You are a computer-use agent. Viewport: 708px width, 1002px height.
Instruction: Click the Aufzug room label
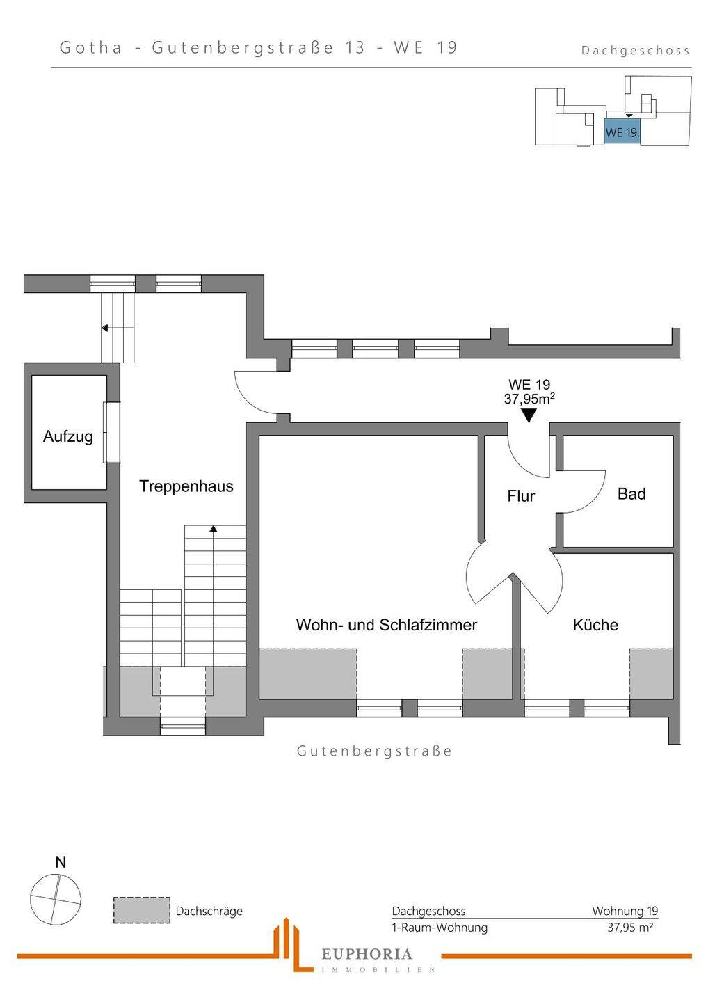(x=67, y=436)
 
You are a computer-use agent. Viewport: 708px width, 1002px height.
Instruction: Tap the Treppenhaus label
(x=186, y=486)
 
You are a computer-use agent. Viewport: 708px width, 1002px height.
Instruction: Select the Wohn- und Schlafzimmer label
(x=386, y=625)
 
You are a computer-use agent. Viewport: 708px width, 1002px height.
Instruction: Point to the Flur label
(x=521, y=496)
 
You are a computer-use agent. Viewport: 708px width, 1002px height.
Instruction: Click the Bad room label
(x=631, y=494)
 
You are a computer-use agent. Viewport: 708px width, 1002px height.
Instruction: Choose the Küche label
(x=595, y=625)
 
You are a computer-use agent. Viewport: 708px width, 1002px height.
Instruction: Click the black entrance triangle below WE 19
(x=529, y=415)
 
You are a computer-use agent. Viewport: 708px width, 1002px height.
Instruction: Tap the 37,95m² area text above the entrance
(x=529, y=399)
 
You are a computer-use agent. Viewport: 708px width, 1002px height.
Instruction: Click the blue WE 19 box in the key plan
(x=621, y=132)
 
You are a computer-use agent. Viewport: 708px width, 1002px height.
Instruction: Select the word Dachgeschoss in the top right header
(x=635, y=50)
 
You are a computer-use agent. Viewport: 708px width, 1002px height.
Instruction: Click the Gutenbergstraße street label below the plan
(x=374, y=751)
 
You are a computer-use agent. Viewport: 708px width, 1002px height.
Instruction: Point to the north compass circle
(x=56, y=899)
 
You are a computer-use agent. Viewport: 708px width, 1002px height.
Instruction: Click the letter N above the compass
(x=61, y=862)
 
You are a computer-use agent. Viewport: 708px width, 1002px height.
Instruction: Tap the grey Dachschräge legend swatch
(x=142, y=910)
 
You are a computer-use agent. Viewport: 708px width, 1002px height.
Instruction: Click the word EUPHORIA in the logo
(x=367, y=954)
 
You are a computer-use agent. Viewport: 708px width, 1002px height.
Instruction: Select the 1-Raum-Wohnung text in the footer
(x=440, y=928)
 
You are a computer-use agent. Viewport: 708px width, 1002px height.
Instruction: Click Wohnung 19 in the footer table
(x=625, y=911)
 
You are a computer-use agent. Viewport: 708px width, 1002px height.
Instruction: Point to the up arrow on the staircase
(x=214, y=530)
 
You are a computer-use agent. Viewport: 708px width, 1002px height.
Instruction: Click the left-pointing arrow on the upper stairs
(x=105, y=327)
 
